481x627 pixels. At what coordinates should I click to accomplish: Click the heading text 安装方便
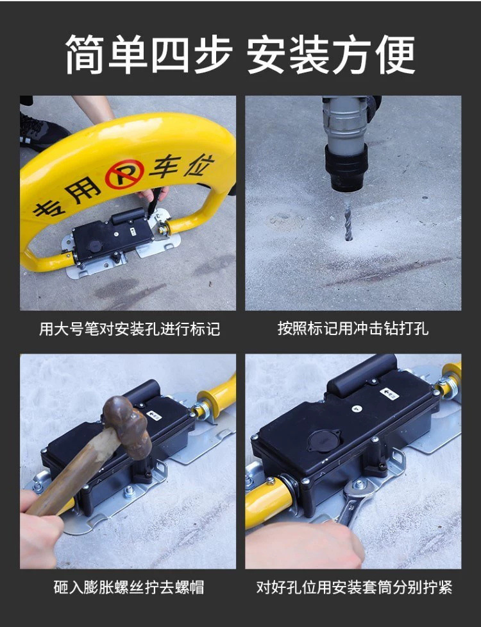pos(331,55)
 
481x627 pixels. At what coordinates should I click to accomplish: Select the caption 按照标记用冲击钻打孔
pos(353,329)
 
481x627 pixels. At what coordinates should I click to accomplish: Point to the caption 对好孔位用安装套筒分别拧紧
pos(354,587)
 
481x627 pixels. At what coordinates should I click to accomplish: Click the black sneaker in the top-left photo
pos(42,129)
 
